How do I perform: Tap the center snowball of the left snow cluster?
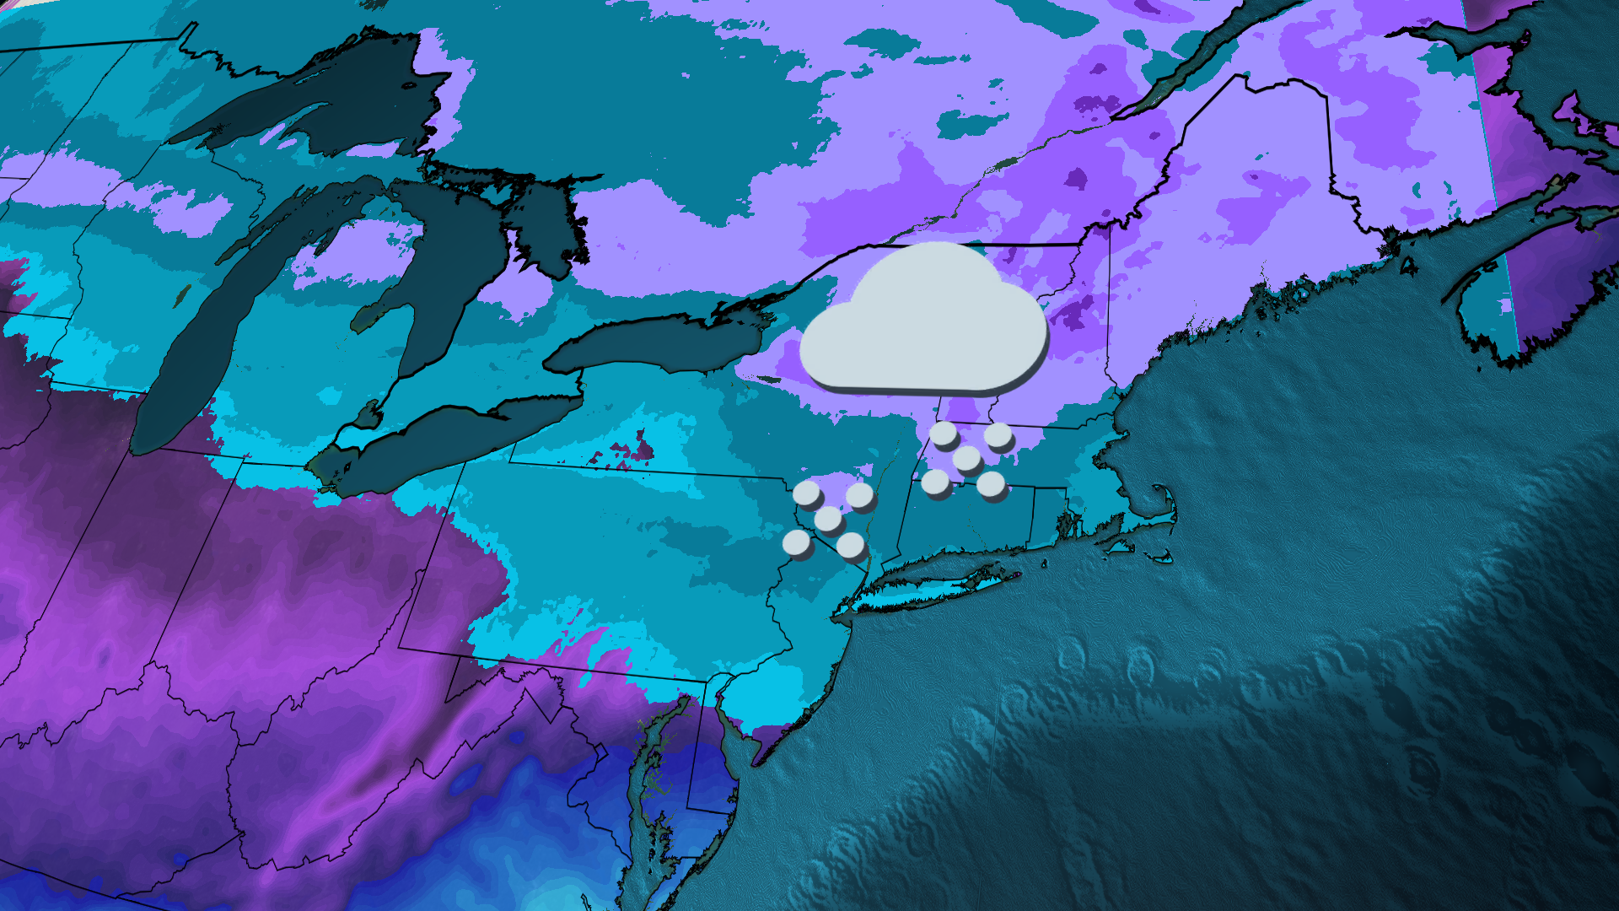828,519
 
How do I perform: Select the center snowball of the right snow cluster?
966,459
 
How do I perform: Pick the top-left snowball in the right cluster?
943,434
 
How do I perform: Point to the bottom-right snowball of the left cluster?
851,545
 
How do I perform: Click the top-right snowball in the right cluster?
998,435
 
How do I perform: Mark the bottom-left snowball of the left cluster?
797,542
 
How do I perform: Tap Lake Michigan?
202,337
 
